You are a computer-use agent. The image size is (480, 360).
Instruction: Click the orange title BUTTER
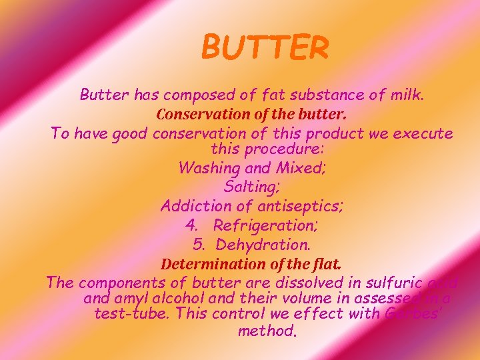(x=265, y=47)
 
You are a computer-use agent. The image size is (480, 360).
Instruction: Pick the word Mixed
(x=299, y=168)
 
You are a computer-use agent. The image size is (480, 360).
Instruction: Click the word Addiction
(x=197, y=207)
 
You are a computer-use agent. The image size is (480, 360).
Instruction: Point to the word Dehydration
(x=267, y=245)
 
